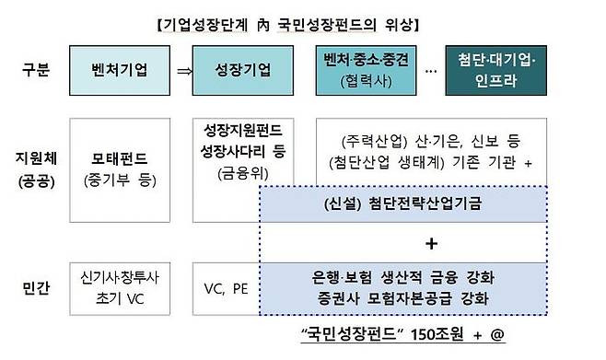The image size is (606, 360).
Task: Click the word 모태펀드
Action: point(120,159)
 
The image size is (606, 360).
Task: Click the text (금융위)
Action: point(239,171)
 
